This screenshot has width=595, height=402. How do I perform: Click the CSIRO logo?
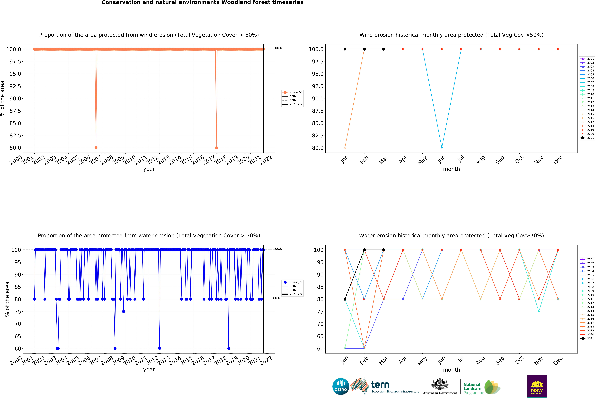pos(341,386)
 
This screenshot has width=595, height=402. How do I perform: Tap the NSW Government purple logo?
pos(537,386)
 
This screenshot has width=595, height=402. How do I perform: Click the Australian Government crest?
pos(440,384)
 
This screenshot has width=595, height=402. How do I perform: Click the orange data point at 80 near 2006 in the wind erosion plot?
pos(96,148)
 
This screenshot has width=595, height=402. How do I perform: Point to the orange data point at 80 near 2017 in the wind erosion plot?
pos(216,148)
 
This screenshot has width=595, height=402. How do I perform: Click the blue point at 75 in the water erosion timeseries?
pos(123,311)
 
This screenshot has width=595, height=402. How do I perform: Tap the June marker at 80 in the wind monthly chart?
pos(442,148)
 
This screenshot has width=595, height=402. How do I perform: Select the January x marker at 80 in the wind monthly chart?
pos(345,148)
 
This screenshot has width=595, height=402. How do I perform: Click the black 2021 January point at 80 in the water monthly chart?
pos(345,299)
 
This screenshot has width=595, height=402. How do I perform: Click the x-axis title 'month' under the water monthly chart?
pos(451,370)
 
